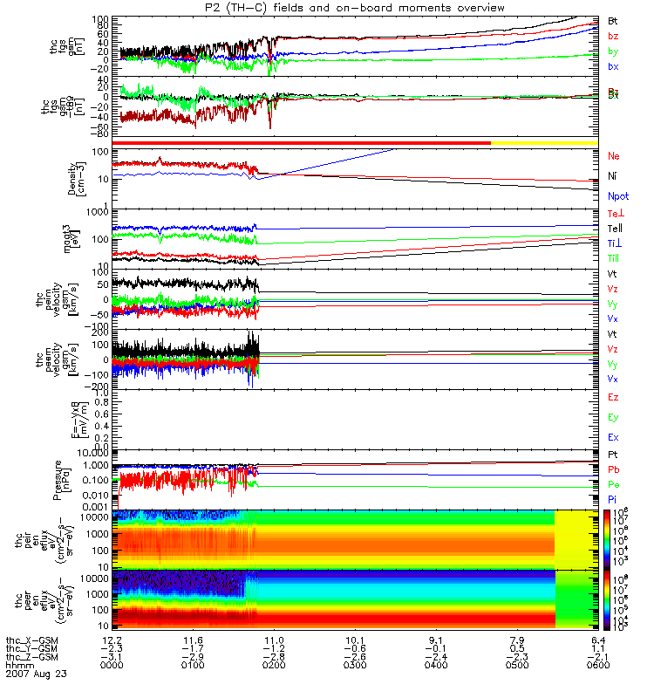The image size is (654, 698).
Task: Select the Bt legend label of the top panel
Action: [613, 20]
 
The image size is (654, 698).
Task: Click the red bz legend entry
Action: [613, 36]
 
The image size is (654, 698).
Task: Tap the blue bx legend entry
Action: [613, 67]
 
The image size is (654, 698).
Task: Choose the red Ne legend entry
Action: [614, 156]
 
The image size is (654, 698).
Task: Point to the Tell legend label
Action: [614, 228]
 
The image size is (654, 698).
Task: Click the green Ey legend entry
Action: [614, 419]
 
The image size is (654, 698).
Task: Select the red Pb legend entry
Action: [614, 469]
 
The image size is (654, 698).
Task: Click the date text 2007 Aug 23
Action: [37, 674]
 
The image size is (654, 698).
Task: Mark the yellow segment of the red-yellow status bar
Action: [544, 142]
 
